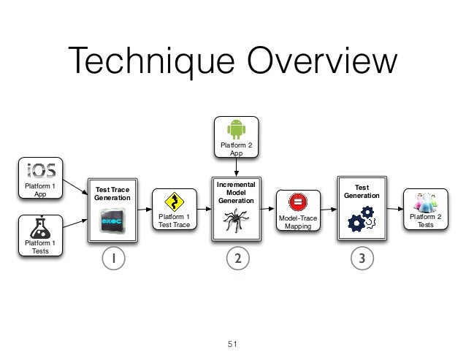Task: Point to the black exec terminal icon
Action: [x=112, y=219]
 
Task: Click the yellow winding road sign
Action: [x=174, y=202]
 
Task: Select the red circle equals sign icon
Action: [x=297, y=202]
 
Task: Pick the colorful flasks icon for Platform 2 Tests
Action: [x=424, y=202]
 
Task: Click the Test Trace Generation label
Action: [x=112, y=194]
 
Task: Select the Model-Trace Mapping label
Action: [x=298, y=222]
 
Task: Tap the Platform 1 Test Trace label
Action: [x=174, y=221]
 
